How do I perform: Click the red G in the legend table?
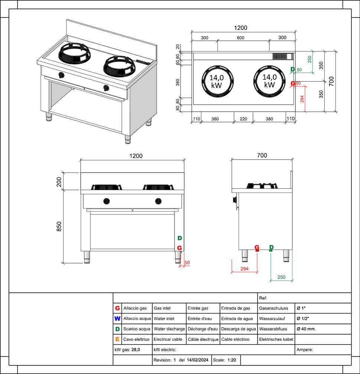pos(117,308)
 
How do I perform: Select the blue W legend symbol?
pos(117,319)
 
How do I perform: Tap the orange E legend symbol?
pos(117,339)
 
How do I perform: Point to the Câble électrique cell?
pos(203,339)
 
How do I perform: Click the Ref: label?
pos(263,298)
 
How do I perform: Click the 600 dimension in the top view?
pos(240,38)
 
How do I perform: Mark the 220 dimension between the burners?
pos(243,119)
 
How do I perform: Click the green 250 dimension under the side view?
pos(281,277)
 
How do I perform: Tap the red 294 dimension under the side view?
pos(244,269)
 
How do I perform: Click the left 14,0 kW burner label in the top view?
pos(217,81)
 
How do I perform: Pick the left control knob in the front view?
pos(107,201)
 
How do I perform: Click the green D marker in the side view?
pos(271,247)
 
